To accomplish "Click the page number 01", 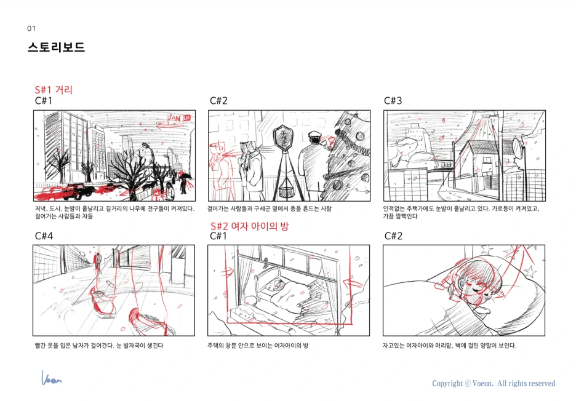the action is click(31, 28).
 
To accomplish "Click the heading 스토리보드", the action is click(56, 47).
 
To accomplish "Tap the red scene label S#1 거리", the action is click(54, 90).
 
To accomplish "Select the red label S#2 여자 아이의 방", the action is click(249, 226).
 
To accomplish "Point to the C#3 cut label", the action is click(393, 101).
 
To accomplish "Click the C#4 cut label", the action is click(44, 236).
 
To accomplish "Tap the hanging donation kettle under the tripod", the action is click(286, 192).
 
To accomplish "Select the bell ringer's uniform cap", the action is click(315, 134).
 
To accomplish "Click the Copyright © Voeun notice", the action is click(494, 383).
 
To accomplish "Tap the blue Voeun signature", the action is click(52, 378).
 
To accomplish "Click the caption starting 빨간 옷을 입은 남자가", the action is click(99, 346).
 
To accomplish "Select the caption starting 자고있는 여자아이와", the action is click(449, 346).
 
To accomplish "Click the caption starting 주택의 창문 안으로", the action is click(257, 346).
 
